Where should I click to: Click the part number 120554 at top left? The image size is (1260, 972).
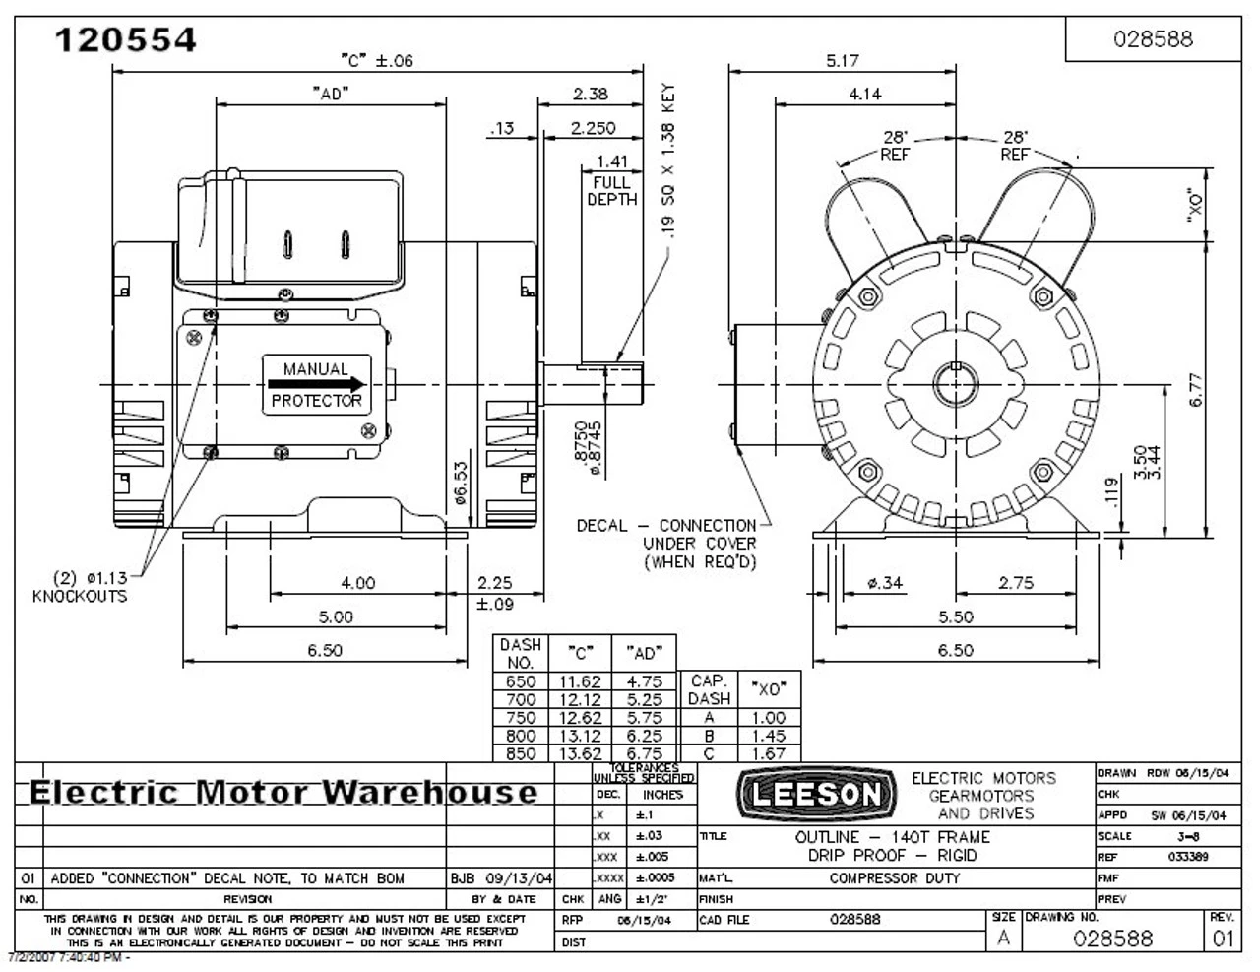tap(125, 39)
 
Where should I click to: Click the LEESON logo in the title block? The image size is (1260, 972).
tap(817, 794)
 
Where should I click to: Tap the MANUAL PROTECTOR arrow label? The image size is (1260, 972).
tap(316, 385)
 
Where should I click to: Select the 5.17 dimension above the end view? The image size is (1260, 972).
tap(842, 60)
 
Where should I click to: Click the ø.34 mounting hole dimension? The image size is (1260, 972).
tap(884, 582)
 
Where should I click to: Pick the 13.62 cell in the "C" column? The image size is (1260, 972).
tap(580, 753)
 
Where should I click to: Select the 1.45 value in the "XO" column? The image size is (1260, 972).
tap(768, 736)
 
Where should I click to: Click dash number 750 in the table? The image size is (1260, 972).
tap(520, 718)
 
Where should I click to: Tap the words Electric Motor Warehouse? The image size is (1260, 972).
tap(284, 792)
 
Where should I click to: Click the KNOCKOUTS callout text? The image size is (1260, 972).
tap(80, 596)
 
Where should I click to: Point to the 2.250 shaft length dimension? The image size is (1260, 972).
tap(593, 128)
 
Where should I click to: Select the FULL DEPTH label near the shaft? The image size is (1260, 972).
tap(612, 190)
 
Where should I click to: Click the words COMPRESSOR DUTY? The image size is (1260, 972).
tap(894, 877)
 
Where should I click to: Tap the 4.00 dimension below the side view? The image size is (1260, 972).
tap(357, 582)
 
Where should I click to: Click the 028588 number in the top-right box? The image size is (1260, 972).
tap(1153, 38)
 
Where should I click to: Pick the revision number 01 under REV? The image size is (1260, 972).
tap(1222, 938)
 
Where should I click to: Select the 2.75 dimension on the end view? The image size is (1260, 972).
tap(1016, 582)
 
